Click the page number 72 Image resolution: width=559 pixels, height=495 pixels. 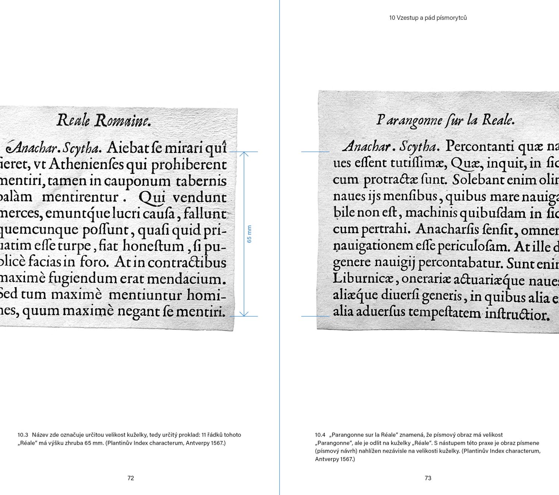[131, 478]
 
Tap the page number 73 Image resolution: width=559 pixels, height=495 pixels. [428, 478]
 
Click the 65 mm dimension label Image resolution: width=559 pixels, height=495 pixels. [249, 234]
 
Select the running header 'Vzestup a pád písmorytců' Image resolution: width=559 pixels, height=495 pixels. [431, 18]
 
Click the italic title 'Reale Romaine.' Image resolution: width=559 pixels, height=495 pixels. [104, 121]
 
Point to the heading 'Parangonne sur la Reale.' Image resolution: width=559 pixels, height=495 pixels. [445, 120]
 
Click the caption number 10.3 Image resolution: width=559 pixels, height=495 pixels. [23, 435]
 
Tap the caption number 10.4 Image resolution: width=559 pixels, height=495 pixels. [320, 435]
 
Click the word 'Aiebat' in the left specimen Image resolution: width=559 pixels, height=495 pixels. [129, 148]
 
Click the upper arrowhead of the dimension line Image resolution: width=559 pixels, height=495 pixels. [244, 154]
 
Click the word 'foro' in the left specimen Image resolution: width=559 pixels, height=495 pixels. [94, 262]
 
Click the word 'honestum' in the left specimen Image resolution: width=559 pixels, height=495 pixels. [153, 246]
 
